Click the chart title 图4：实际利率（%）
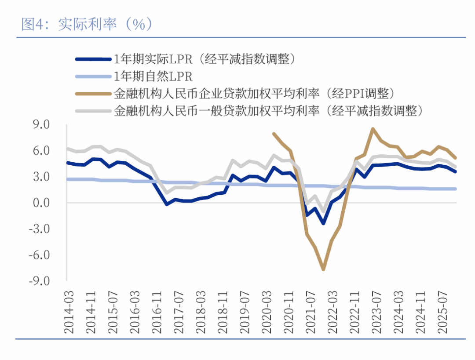(87, 25)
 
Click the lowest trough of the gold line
(323, 269)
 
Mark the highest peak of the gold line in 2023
(373, 129)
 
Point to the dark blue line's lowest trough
(323, 224)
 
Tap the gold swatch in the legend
(93, 94)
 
